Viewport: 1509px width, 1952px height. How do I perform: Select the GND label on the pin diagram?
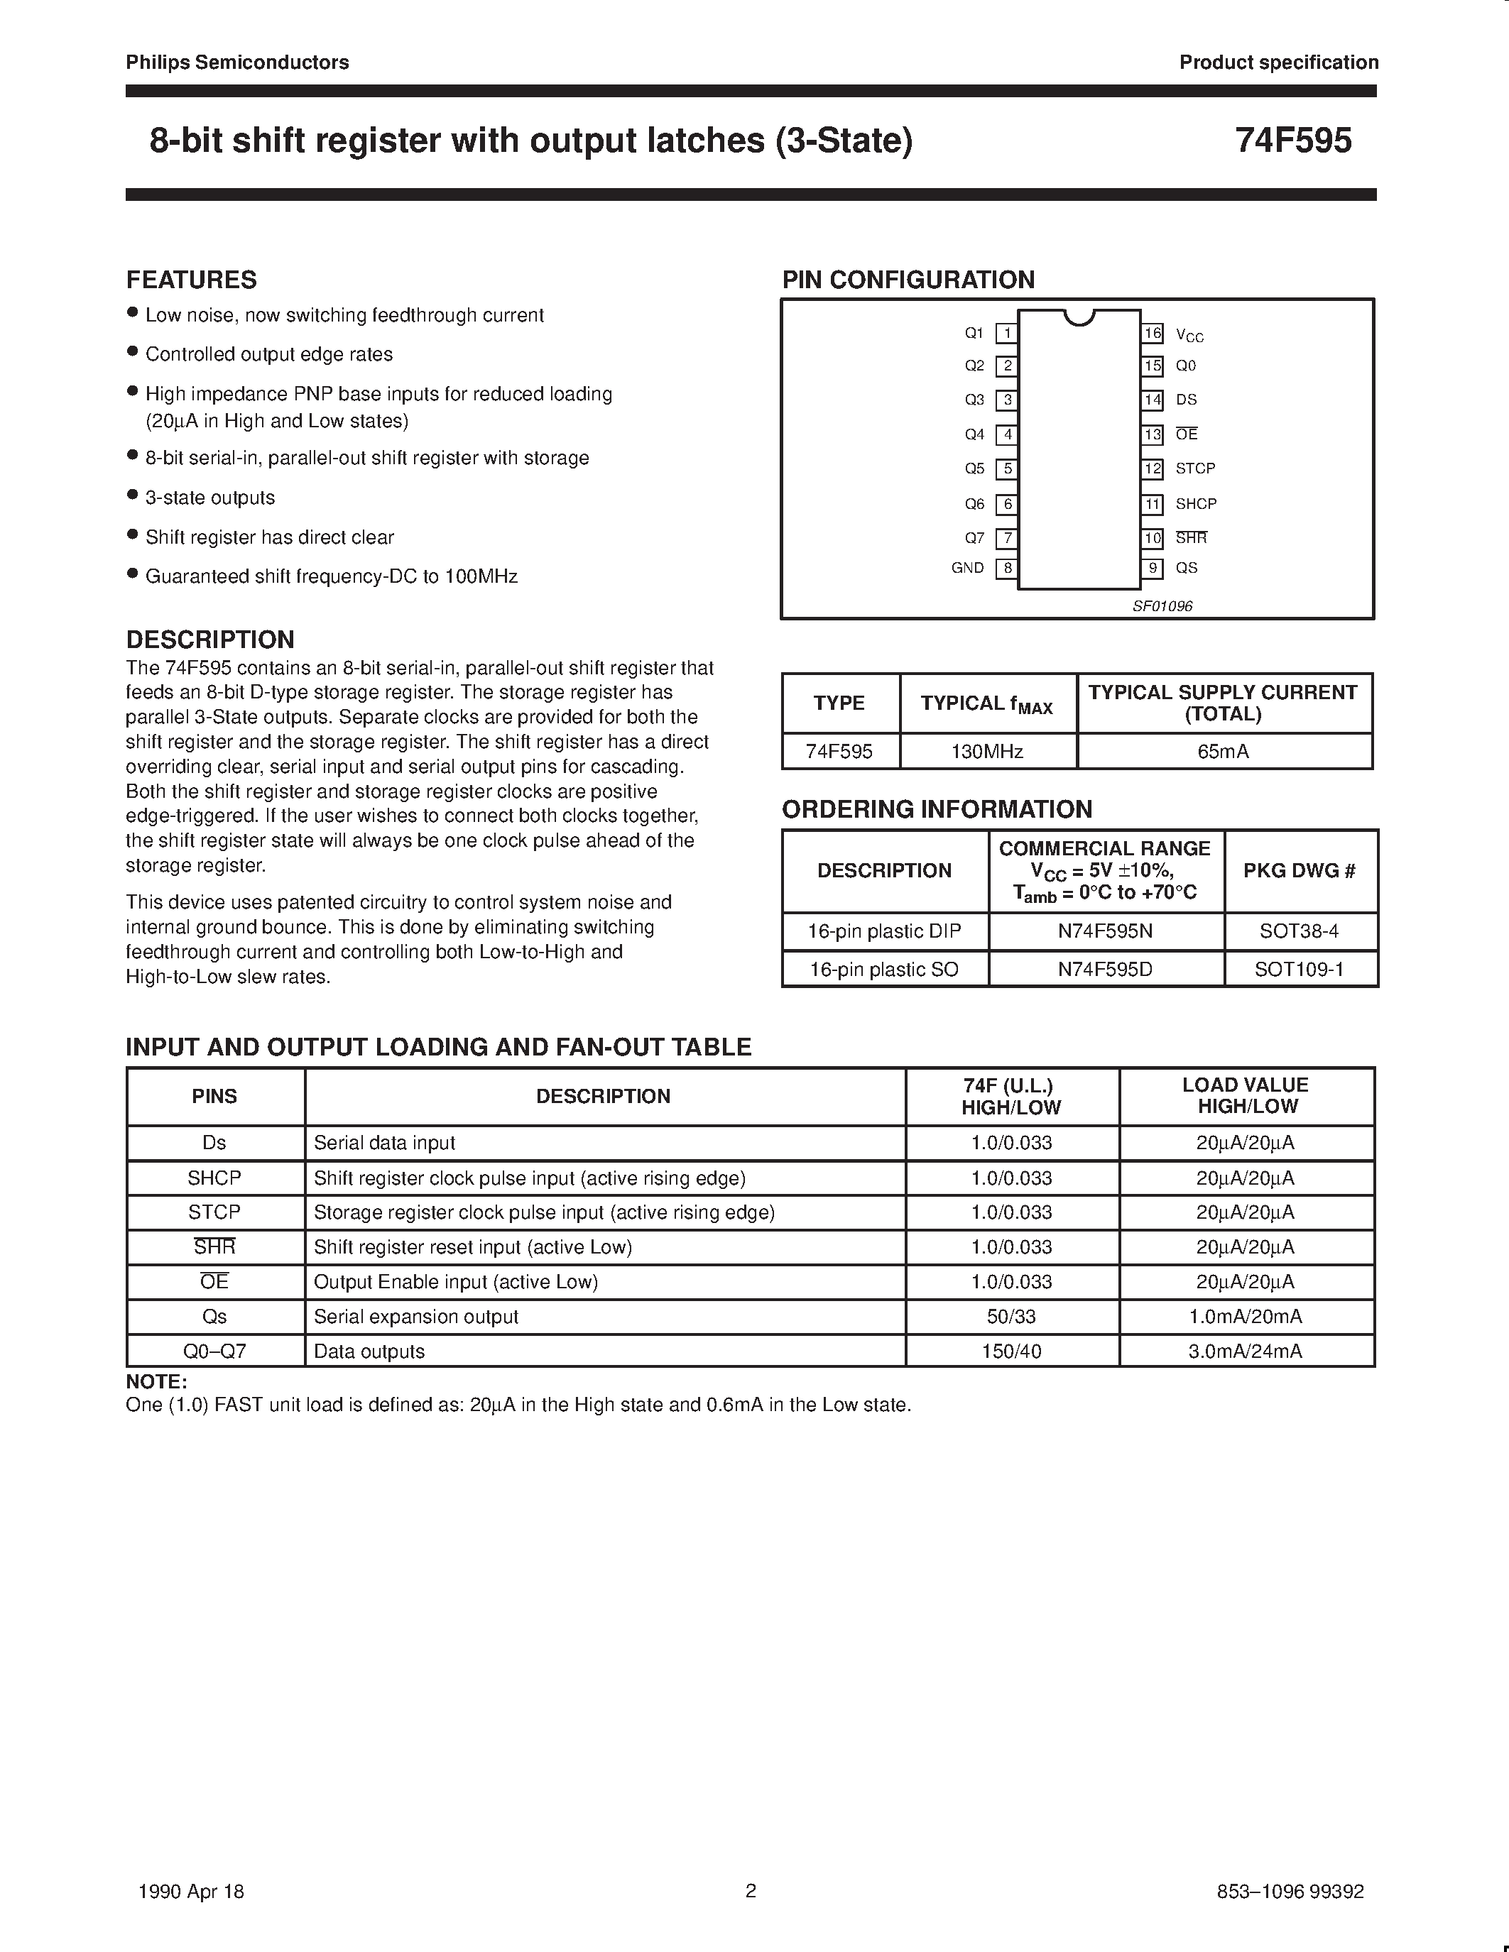pyautogui.click(x=967, y=569)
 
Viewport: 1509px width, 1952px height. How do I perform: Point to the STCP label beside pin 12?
pyautogui.click(x=1195, y=468)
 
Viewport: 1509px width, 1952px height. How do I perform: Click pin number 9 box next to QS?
pyautogui.click(x=1153, y=569)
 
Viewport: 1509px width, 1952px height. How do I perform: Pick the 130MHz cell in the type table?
pyautogui.click(x=987, y=752)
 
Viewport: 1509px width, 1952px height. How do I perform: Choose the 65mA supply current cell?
pyautogui.click(x=1223, y=752)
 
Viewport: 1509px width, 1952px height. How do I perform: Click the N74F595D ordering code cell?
pyautogui.click(x=1105, y=970)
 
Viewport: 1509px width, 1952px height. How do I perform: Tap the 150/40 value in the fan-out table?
pyautogui.click(x=1011, y=1351)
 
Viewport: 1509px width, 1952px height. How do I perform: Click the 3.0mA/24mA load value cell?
pyautogui.click(x=1246, y=1351)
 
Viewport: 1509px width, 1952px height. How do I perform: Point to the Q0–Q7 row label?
pyautogui.click(x=214, y=1351)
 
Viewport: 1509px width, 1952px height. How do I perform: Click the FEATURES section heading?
pyautogui.click(x=191, y=280)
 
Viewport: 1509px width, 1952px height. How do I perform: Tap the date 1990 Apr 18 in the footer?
pyautogui.click(x=191, y=1891)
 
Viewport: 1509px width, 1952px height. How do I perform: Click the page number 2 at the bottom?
pyautogui.click(x=751, y=1890)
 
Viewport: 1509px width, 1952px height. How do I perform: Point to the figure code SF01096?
pyautogui.click(x=1162, y=606)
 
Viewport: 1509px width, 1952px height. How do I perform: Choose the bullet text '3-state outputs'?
pyautogui.click(x=210, y=498)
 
